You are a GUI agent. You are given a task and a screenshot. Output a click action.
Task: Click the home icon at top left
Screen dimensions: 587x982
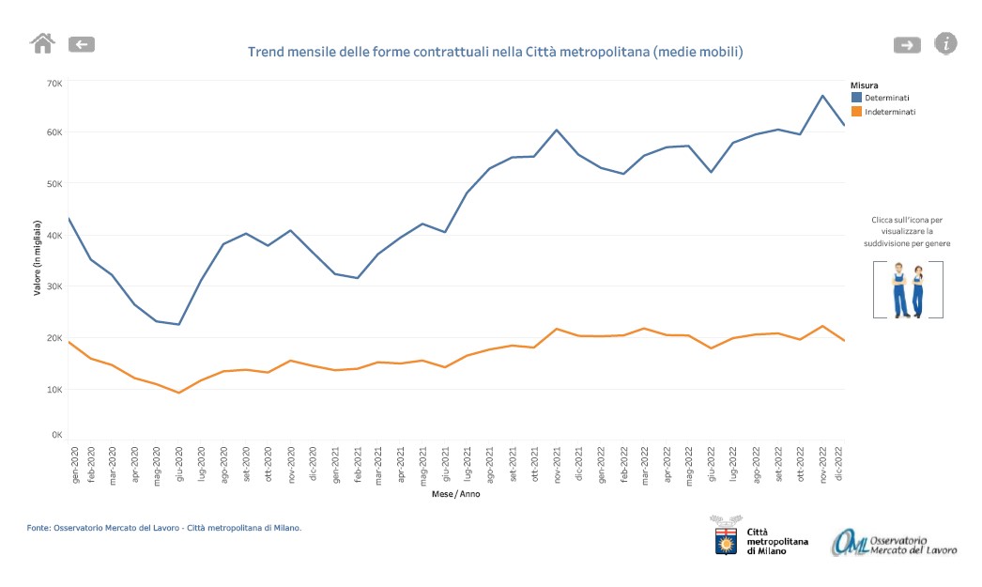click(x=43, y=43)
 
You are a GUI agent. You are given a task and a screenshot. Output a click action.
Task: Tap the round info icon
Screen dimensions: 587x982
click(x=946, y=43)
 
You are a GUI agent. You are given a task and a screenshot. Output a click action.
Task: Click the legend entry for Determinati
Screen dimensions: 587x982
click(x=886, y=98)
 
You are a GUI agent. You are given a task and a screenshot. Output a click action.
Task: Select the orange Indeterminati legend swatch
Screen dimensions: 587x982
click(x=856, y=112)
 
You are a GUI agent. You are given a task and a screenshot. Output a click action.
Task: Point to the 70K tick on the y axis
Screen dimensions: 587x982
click(x=54, y=84)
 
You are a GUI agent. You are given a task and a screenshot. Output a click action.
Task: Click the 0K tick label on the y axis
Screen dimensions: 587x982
click(x=56, y=436)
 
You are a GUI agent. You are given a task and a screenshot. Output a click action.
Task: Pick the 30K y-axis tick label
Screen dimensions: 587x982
click(x=54, y=286)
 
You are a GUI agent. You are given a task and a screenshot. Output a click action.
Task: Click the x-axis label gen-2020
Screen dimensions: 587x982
click(x=75, y=463)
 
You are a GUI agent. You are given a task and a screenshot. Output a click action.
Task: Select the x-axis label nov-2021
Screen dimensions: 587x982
click(x=557, y=463)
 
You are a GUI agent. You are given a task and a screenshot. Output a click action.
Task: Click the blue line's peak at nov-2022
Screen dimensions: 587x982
click(x=822, y=96)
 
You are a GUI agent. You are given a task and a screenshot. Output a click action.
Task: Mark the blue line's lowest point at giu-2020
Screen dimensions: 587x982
click(x=179, y=324)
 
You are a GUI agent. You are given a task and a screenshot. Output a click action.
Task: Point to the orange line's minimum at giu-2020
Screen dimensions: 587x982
click(x=179, y=393)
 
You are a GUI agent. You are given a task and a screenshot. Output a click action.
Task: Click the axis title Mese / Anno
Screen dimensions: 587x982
click(x=455, y=494)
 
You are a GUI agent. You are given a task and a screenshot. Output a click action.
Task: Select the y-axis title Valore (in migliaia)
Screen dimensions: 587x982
click(x=38, y=257)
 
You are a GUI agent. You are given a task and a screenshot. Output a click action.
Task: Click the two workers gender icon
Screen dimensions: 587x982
click(x=908, y=290)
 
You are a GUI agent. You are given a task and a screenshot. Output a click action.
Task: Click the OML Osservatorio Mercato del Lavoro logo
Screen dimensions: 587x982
click(x=894, y=542)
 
